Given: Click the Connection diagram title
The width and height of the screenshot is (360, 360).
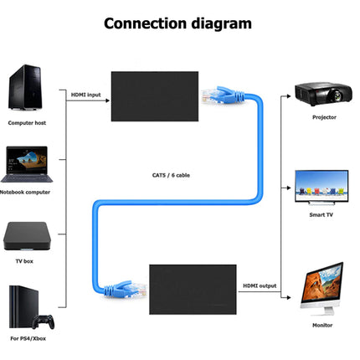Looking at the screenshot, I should click(x=177, y=23).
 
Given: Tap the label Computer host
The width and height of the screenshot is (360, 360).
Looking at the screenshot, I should click(x=28, y=122).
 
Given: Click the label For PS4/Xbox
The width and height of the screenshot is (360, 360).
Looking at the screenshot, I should click(x=28, y=339).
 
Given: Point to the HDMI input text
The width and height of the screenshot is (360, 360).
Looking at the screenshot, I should click(x=85, y=95).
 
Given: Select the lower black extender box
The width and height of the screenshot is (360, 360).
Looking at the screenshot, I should click(x=188, y=287).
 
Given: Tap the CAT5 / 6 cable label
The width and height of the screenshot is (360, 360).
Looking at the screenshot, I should click(x=163, y=174).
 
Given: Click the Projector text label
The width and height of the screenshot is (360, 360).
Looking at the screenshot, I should click(x=324, y=117).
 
